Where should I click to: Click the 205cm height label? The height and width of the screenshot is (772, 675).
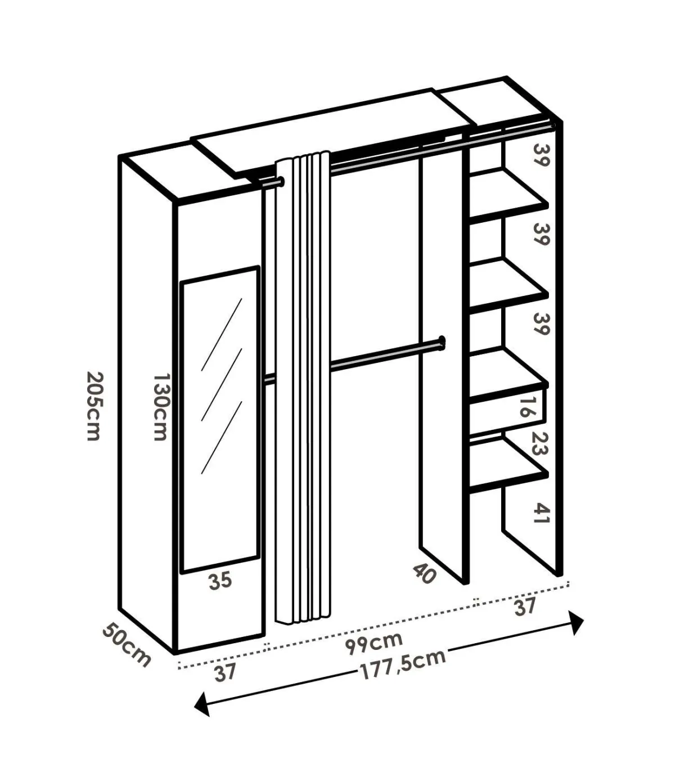94,406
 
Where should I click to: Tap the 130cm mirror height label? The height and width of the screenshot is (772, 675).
161,407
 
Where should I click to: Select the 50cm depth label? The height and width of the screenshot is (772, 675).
127,645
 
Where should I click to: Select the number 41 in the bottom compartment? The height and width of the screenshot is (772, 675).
541,513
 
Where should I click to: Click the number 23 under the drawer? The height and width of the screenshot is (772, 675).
539,443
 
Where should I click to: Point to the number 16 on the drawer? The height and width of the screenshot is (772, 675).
527,406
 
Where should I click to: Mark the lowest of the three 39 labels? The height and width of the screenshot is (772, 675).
541,324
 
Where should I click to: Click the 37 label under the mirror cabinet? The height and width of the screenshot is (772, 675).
225,672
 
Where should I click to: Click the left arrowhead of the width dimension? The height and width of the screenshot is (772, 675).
202,704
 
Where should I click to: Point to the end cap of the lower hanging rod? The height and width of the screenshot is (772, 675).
442,342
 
